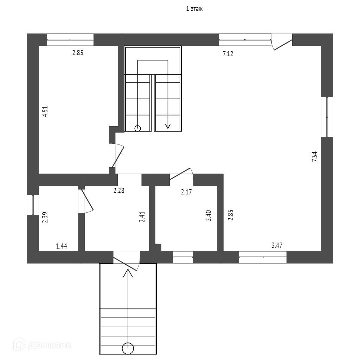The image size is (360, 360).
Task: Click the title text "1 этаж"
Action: (x=194, y=9)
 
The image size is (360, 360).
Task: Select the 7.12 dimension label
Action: (x=228, y=54)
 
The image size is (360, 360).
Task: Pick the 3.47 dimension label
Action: (x=277, y=245)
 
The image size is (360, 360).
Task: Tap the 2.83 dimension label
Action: (x=231, y=215)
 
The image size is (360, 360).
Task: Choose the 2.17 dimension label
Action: (x=187, y=192)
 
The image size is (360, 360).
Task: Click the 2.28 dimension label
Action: (x=119, y=191)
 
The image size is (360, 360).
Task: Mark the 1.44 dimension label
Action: (x=62, y=246)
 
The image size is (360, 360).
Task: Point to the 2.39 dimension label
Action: (x=45, y=218)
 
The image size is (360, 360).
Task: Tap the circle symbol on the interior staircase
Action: (x=137, y=128)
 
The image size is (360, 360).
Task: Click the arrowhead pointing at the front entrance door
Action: (x=128, y=272)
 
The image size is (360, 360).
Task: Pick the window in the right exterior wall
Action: (x=327, y=117)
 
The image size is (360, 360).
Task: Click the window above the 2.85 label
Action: (x=70, y=40)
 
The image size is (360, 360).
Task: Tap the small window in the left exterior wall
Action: (x=33, y=205)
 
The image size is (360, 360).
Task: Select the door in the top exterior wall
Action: (x=282, y=40)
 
